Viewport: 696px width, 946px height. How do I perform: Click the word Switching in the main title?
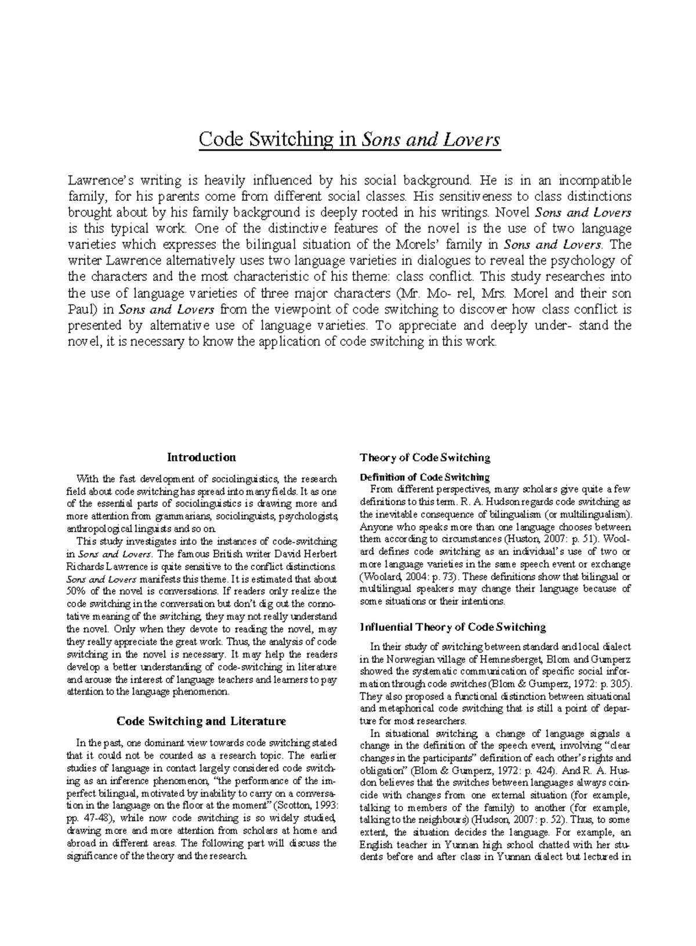[x=293, y=140]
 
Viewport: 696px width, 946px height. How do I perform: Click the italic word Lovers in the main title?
[x=474, y=140]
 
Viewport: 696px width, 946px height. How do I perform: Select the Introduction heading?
[x=201, y=457]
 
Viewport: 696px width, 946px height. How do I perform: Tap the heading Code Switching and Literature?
[x=201, y=721]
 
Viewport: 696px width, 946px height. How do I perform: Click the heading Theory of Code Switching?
[x=425, y=457]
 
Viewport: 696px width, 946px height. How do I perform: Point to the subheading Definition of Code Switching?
[x=425, y=477]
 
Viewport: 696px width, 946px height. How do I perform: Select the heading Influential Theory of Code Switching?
[x=452, y=627]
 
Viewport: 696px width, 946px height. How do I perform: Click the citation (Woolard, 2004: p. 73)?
[x=409, y=576]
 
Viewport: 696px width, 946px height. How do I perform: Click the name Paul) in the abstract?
[x=84, y=309]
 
